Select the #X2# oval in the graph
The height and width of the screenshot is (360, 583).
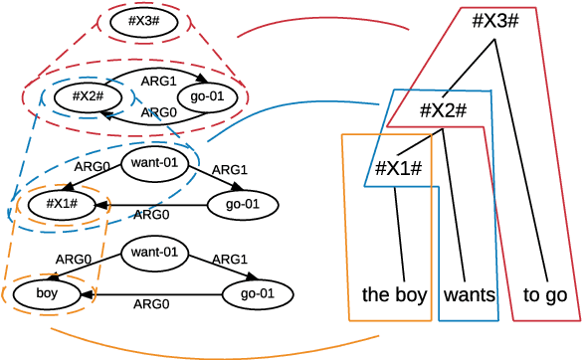click(x=82, y=97)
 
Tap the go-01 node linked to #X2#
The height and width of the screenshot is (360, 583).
click(x=204, y=97)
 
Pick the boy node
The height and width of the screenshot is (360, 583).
click(x=47, y=294)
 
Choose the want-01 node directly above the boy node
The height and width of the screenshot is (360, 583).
click(x=154, y=253)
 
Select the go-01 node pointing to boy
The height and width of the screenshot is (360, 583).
click(x=258, y=294)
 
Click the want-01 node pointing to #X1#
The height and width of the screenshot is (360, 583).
click(x=154, y=161)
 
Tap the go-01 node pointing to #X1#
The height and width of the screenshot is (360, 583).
click(x=242, y=204)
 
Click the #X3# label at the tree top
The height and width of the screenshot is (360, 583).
click(x=496, y=21)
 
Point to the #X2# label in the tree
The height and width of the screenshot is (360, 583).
click(x=443, y=110)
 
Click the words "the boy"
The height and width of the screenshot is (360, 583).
click(x=394, y=294)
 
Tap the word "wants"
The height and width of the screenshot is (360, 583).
click(x=470, y=294)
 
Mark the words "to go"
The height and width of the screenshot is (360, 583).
click(x=545, y=294)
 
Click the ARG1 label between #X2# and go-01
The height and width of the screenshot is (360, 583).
click(x=160, y=80)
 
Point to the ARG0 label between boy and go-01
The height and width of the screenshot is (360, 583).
click(x=151, y=304)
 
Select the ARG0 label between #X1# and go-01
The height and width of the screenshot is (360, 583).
click(x=151, y=214)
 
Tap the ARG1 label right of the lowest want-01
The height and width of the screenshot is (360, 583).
click(x=230, y=259)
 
